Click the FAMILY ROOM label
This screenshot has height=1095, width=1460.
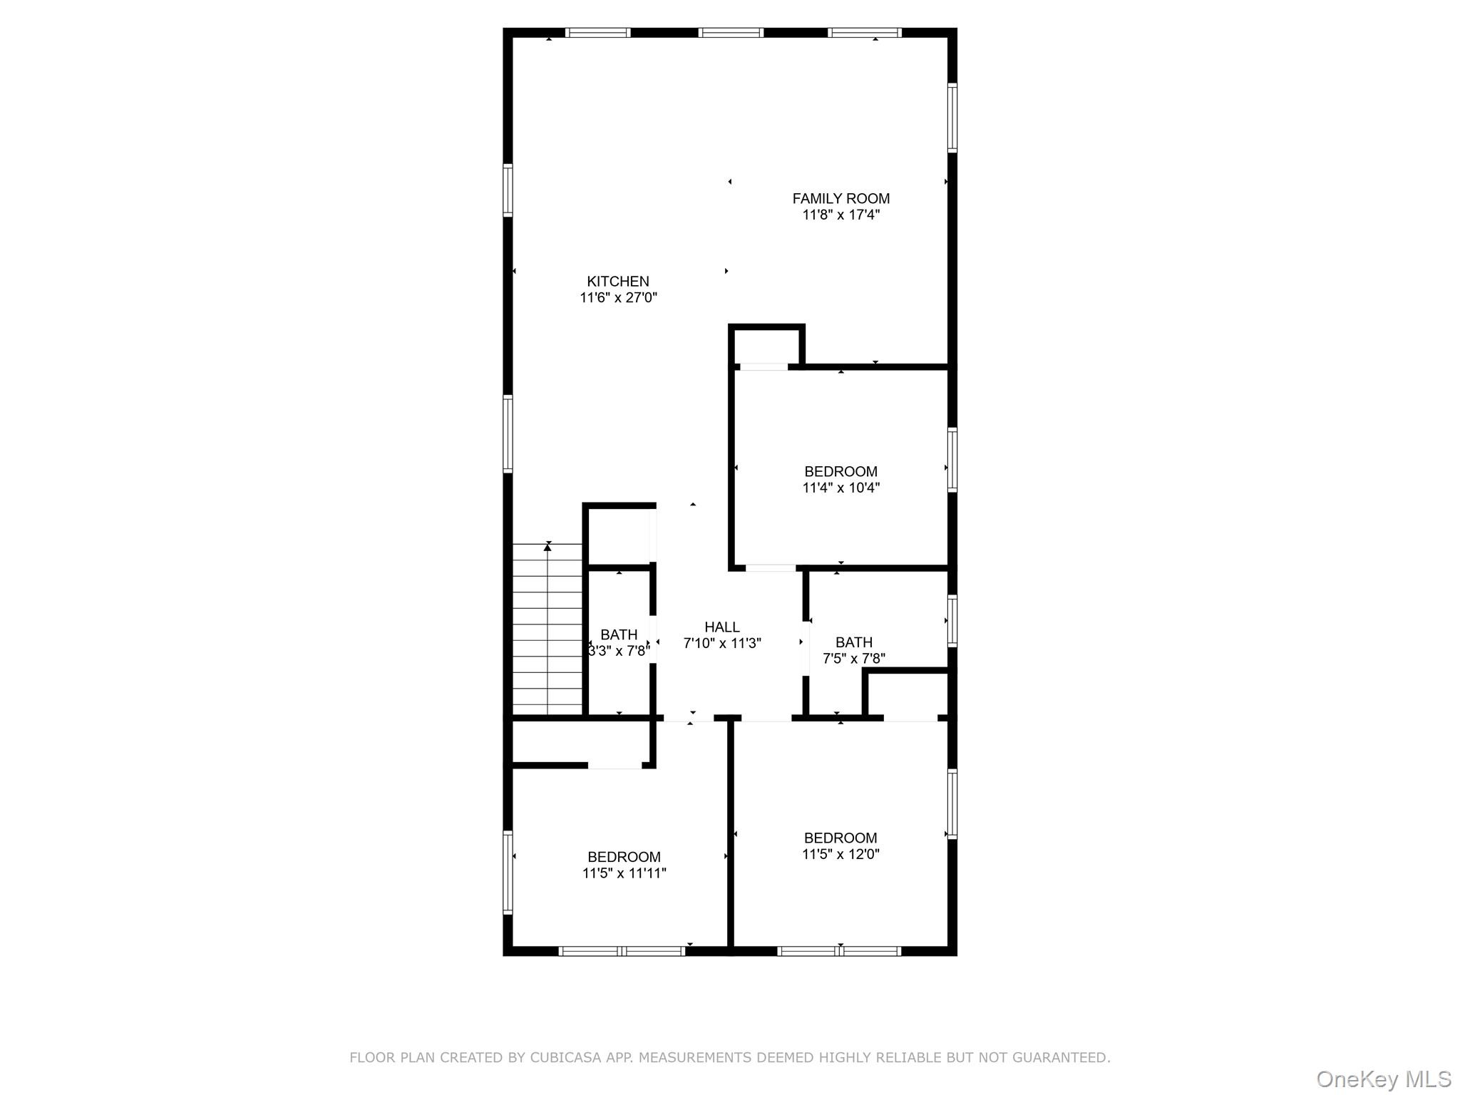coord(840,199)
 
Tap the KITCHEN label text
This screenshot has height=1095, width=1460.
coord(618,282)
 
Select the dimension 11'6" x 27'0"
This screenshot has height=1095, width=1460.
coord(618,298)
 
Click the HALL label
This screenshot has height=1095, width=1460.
coord(721,627)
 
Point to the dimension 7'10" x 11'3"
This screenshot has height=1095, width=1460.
coord(721,644)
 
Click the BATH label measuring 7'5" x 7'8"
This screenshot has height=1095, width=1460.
coord(853,642)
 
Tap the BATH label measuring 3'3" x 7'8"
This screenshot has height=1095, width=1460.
coord(618,634)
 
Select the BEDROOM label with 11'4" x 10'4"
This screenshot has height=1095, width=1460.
coord(840,472)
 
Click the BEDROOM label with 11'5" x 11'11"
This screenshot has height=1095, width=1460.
coord(624,857)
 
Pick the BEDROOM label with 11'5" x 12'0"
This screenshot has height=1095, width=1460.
coord(840,838)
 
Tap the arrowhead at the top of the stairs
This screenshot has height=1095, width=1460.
coord(547,547)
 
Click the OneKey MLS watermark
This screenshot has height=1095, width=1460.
coord(1383,1079)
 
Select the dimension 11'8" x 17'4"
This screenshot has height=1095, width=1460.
coord(840,215)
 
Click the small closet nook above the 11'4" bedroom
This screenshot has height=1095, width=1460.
coord(766,346)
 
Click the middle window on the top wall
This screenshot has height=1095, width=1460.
coord(731,33)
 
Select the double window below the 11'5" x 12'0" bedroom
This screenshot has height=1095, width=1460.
coord(839,950)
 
